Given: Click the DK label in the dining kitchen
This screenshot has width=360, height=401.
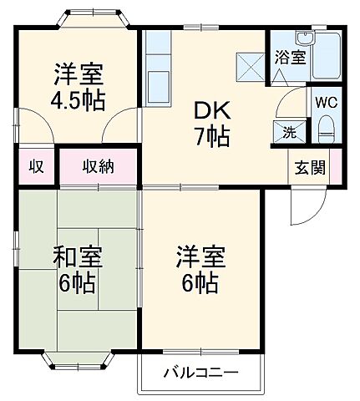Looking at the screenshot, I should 210,111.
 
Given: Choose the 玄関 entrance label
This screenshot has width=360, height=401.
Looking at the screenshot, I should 307,167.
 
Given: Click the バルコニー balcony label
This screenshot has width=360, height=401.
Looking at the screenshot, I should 200,373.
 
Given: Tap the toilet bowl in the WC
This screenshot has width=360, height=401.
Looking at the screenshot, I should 326,130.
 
